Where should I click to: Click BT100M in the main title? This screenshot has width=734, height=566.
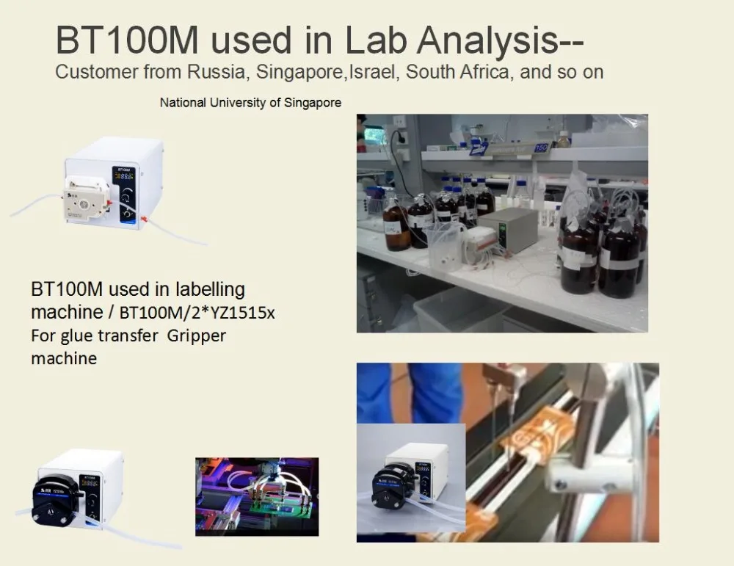point(127,40)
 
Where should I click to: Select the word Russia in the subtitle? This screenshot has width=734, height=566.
point(216,72)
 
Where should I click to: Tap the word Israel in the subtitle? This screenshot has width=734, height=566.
point(371,72)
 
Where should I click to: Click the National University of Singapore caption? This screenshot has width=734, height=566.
point(250,103)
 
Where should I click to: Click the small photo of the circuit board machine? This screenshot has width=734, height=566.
point(257,497)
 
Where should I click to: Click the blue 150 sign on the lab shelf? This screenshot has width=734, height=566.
point(541,148)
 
